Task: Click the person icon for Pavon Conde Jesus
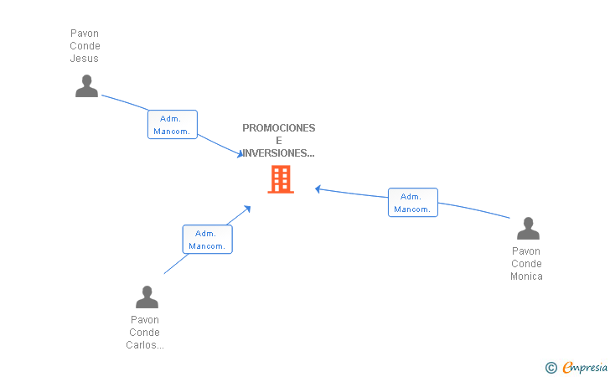tap(86, 85)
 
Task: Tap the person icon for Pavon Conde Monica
tap(528, 228)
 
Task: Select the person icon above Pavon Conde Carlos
tap(147, 297)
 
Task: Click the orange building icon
tap(280, 179)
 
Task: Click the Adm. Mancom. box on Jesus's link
tap(173, 125)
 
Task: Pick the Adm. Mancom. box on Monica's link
tap(412, 203)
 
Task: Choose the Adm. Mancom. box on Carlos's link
tap(207, 240)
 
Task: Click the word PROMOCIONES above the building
tap(279, 128)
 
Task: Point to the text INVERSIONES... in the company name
tap(278, 153)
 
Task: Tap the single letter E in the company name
tap(279, 141)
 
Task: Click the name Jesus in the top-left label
tap(85, 59)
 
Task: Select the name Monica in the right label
tap(526, 276)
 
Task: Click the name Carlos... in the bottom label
tap(145, 345)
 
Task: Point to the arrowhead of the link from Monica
tap(318, 188)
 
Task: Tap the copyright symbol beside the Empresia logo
tap(551, 367)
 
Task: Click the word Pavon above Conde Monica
tap(526, 251)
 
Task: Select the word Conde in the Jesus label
tap(85, 46)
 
